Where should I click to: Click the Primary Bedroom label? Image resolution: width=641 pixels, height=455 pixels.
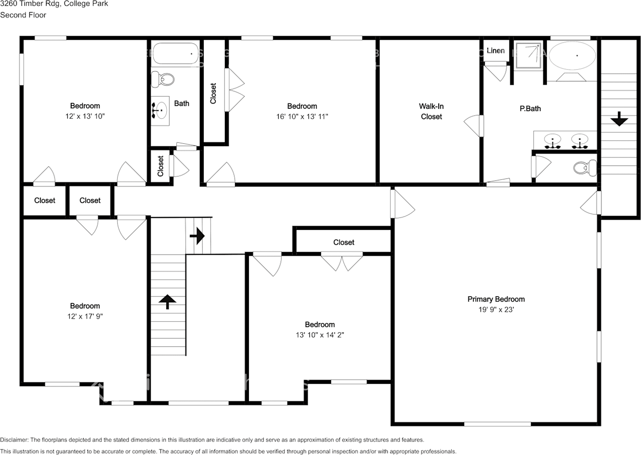point(496,299)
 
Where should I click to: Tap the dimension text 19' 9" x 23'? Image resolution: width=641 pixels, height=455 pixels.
point(496,310)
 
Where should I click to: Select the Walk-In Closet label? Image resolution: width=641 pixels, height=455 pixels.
point(431,111)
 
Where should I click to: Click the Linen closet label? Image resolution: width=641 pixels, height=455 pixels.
point(495,51)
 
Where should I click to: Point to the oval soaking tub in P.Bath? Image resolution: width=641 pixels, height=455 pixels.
point(572,55)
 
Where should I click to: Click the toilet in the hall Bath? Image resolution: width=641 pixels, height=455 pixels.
point(163,79)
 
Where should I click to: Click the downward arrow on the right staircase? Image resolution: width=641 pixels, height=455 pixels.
point(619,120)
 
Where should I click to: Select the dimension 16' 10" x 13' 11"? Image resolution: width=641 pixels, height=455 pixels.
point(302,116)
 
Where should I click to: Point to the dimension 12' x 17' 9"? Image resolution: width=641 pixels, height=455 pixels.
point(85,316)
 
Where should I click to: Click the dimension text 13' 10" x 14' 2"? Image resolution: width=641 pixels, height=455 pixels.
point(319,335)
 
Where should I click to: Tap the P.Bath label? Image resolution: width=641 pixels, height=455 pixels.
point(530,108)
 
